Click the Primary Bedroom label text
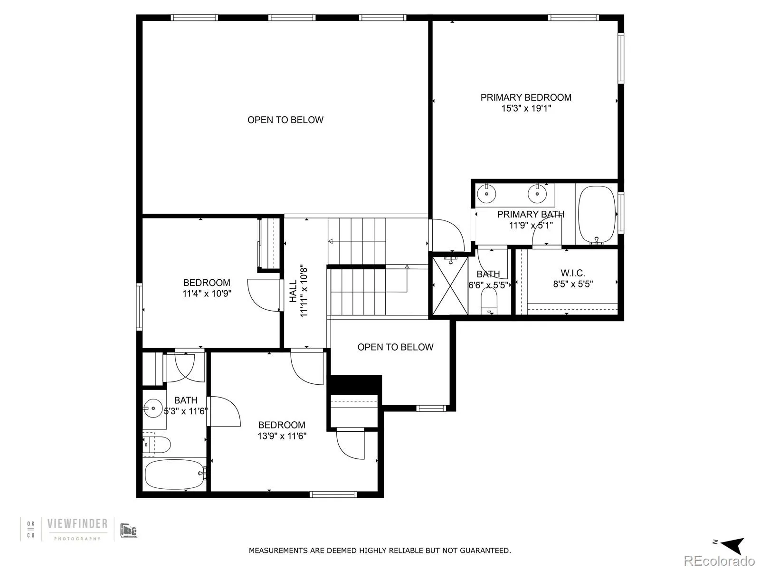coord(526,97)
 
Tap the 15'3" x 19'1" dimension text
coord(526,108)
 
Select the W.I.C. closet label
coord(572,273)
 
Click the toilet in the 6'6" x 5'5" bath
coord(489,301)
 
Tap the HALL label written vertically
coord(293,291)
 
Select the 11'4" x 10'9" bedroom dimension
coord(207,294)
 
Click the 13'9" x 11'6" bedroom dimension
coord(282,436)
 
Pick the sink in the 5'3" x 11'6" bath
coord(153,408)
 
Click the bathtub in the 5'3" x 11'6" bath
coord(174,474)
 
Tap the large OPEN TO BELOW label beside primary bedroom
coord(285,120)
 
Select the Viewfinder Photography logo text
coord(77,524)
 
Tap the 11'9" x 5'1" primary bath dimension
coord(531,225)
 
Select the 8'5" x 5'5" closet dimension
coord(572,285)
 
